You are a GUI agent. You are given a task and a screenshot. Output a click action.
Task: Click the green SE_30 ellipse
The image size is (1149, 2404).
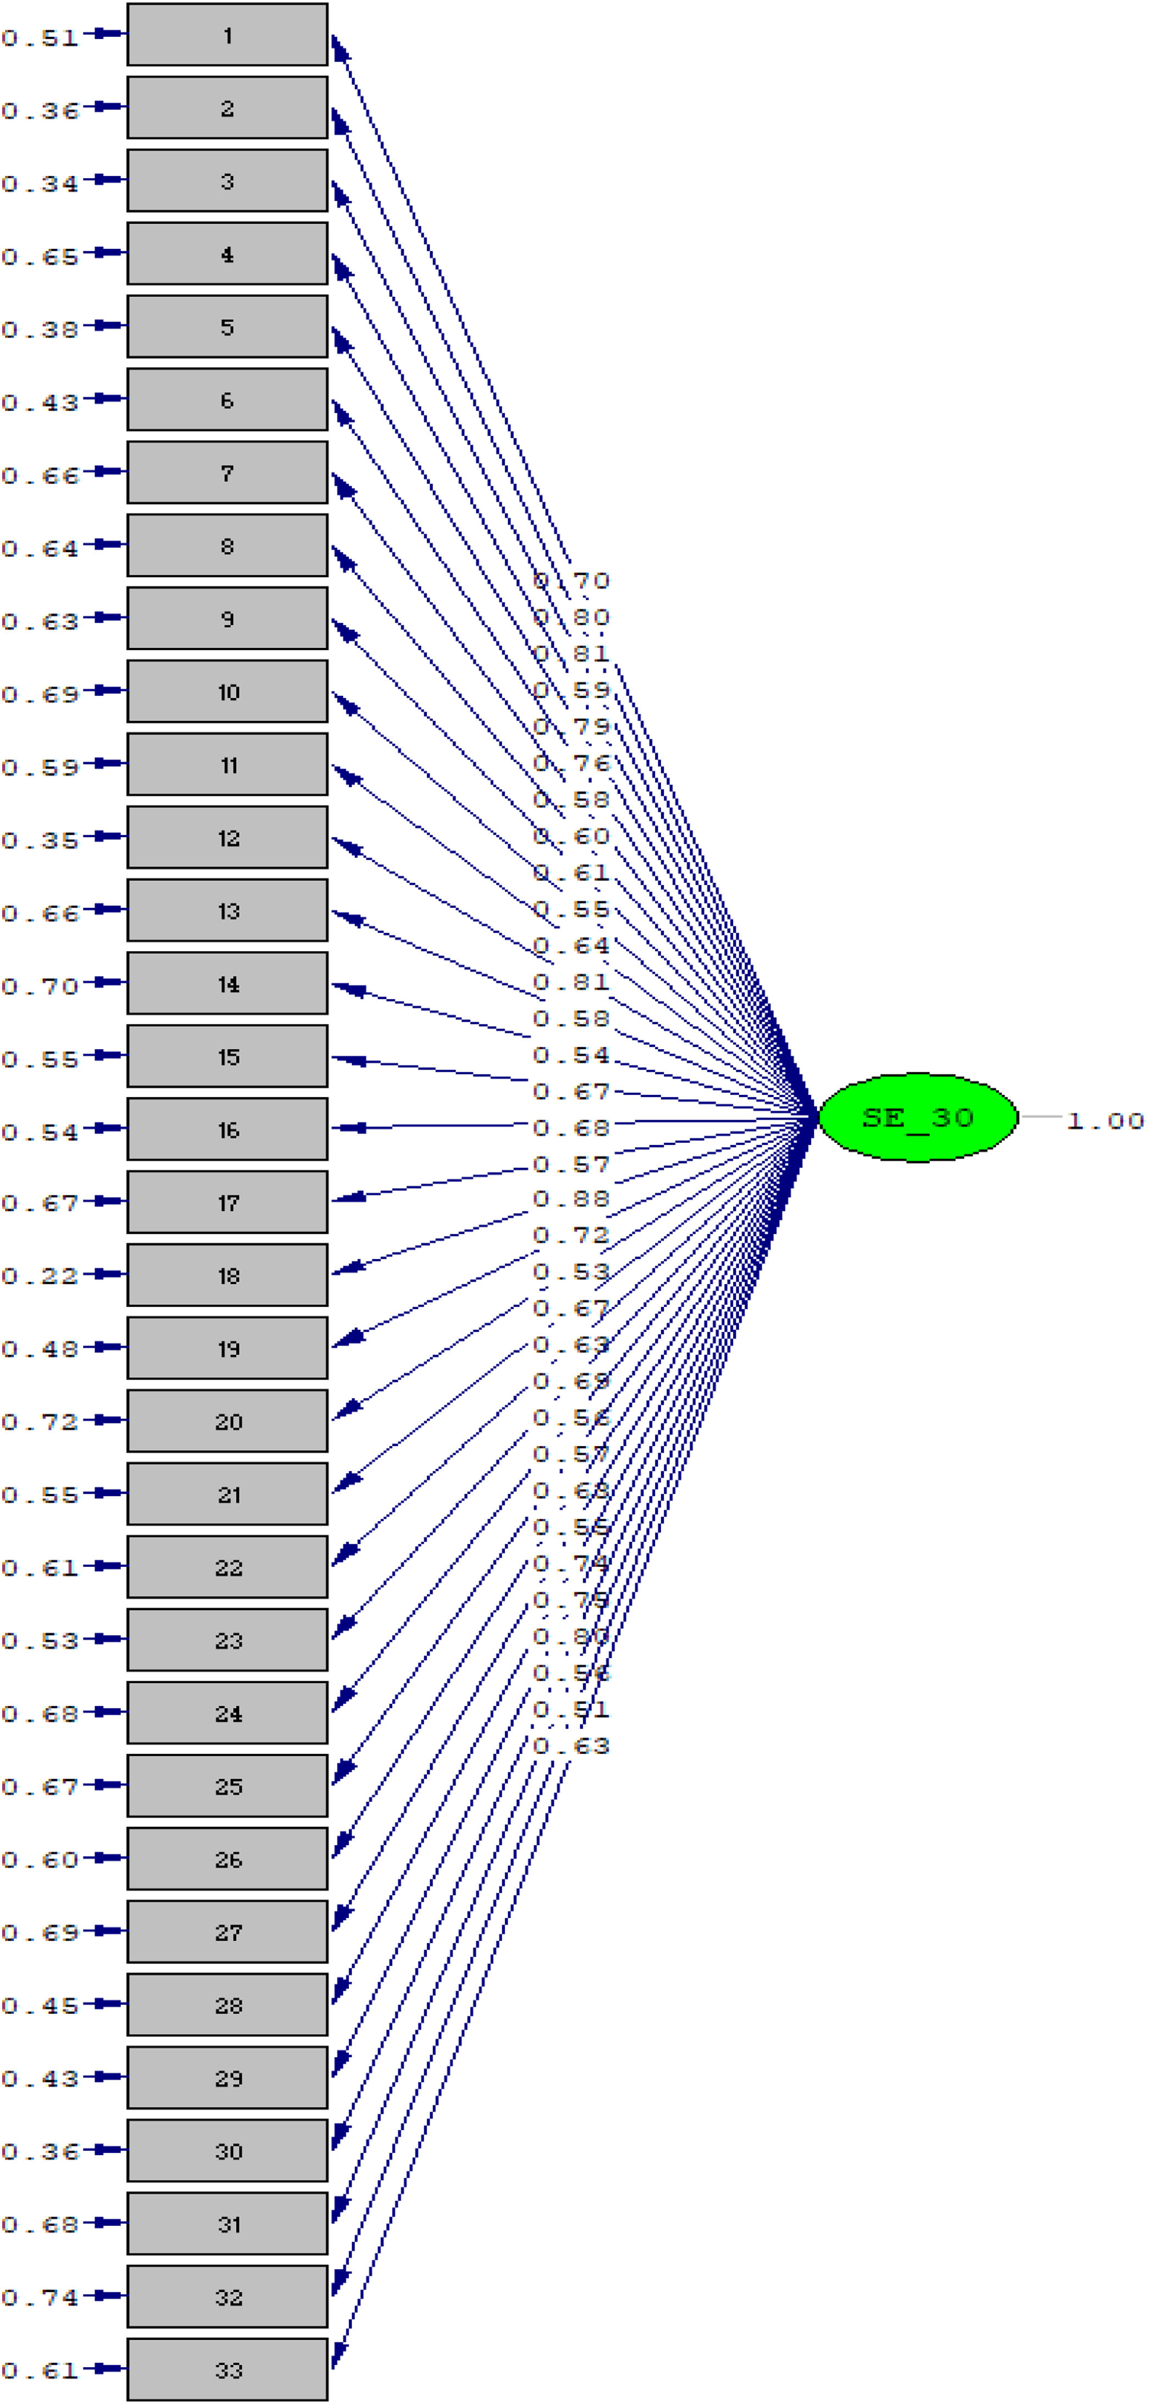point(918,1117)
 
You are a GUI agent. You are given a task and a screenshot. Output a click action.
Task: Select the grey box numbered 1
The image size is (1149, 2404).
point(227,36)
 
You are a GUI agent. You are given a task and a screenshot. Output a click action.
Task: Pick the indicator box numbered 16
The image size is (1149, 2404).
point(227,1130)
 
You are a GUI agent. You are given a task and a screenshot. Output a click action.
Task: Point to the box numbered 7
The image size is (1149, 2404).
point(227,473)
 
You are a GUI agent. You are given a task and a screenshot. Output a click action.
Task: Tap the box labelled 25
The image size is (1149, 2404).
point(227,1786)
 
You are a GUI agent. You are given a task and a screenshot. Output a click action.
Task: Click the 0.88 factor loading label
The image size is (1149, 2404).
point(571,1199)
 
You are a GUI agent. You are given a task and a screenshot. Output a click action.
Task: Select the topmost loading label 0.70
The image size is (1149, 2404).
point(571,581)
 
